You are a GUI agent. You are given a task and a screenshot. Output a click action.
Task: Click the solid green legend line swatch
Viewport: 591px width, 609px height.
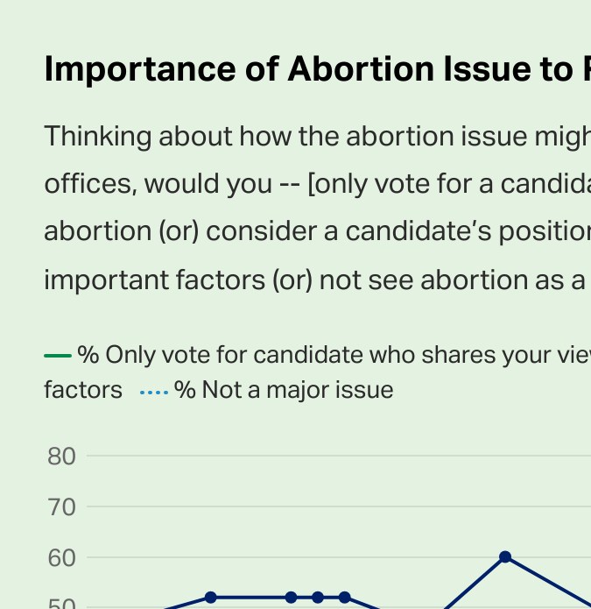[x=57, y=355]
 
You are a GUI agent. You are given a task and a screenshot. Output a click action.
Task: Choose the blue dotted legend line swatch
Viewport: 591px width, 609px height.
[x=154, y=391]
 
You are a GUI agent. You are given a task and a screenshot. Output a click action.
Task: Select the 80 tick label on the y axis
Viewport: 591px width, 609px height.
[x=62, y=457]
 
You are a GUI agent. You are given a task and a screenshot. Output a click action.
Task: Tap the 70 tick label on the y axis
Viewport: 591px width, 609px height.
[x=62, y=507]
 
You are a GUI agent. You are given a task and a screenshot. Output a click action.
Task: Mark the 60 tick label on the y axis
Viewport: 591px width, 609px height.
[x=62, y=558]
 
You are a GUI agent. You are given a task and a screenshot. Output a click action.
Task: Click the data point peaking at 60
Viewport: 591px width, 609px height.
[x=505, y=557]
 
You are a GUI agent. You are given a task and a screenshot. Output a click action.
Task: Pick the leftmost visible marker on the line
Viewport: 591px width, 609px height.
[x=210, y=598]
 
